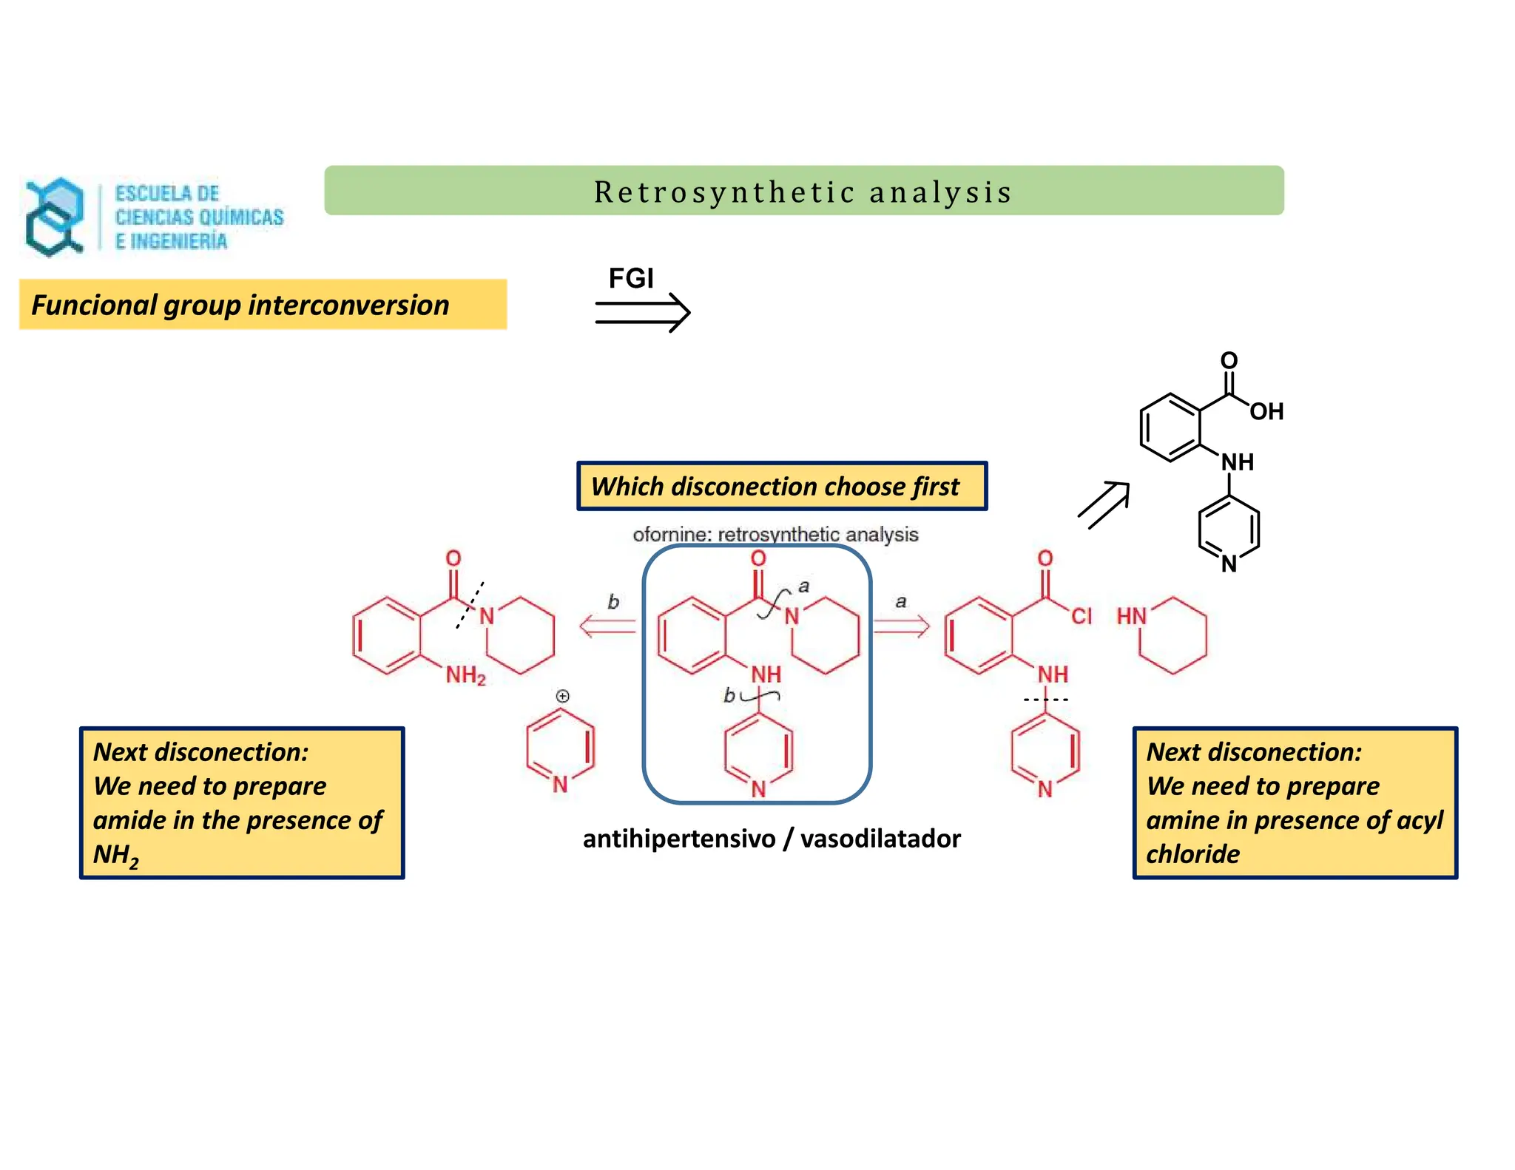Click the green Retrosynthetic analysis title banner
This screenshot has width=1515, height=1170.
[803, 191]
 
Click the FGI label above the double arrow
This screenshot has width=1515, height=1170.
[630, 279]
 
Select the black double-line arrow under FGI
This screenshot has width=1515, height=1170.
[642, 313]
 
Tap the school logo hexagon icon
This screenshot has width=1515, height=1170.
[54, 217]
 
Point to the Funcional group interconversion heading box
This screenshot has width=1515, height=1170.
[263, 305]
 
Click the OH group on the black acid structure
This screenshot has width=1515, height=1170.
[1266, 411]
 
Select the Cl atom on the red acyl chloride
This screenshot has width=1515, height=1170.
[1081, 616]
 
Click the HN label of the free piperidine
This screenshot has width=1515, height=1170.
[1130, 616]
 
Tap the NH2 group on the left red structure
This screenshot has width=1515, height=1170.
[465, 674]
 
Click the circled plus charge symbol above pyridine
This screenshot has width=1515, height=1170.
[563, 696]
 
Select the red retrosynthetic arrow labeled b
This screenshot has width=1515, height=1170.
[607, 627]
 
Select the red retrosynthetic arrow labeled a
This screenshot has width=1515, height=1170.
[901, 627]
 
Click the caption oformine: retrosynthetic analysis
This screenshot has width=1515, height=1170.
[775, 534]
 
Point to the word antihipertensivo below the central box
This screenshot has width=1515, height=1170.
[678, 839]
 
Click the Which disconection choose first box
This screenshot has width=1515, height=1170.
[781, 486]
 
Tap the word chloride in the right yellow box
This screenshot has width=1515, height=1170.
[1192, 854]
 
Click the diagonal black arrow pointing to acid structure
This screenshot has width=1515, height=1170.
[1104, 504]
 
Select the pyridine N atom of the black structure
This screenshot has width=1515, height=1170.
[1229, 564]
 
